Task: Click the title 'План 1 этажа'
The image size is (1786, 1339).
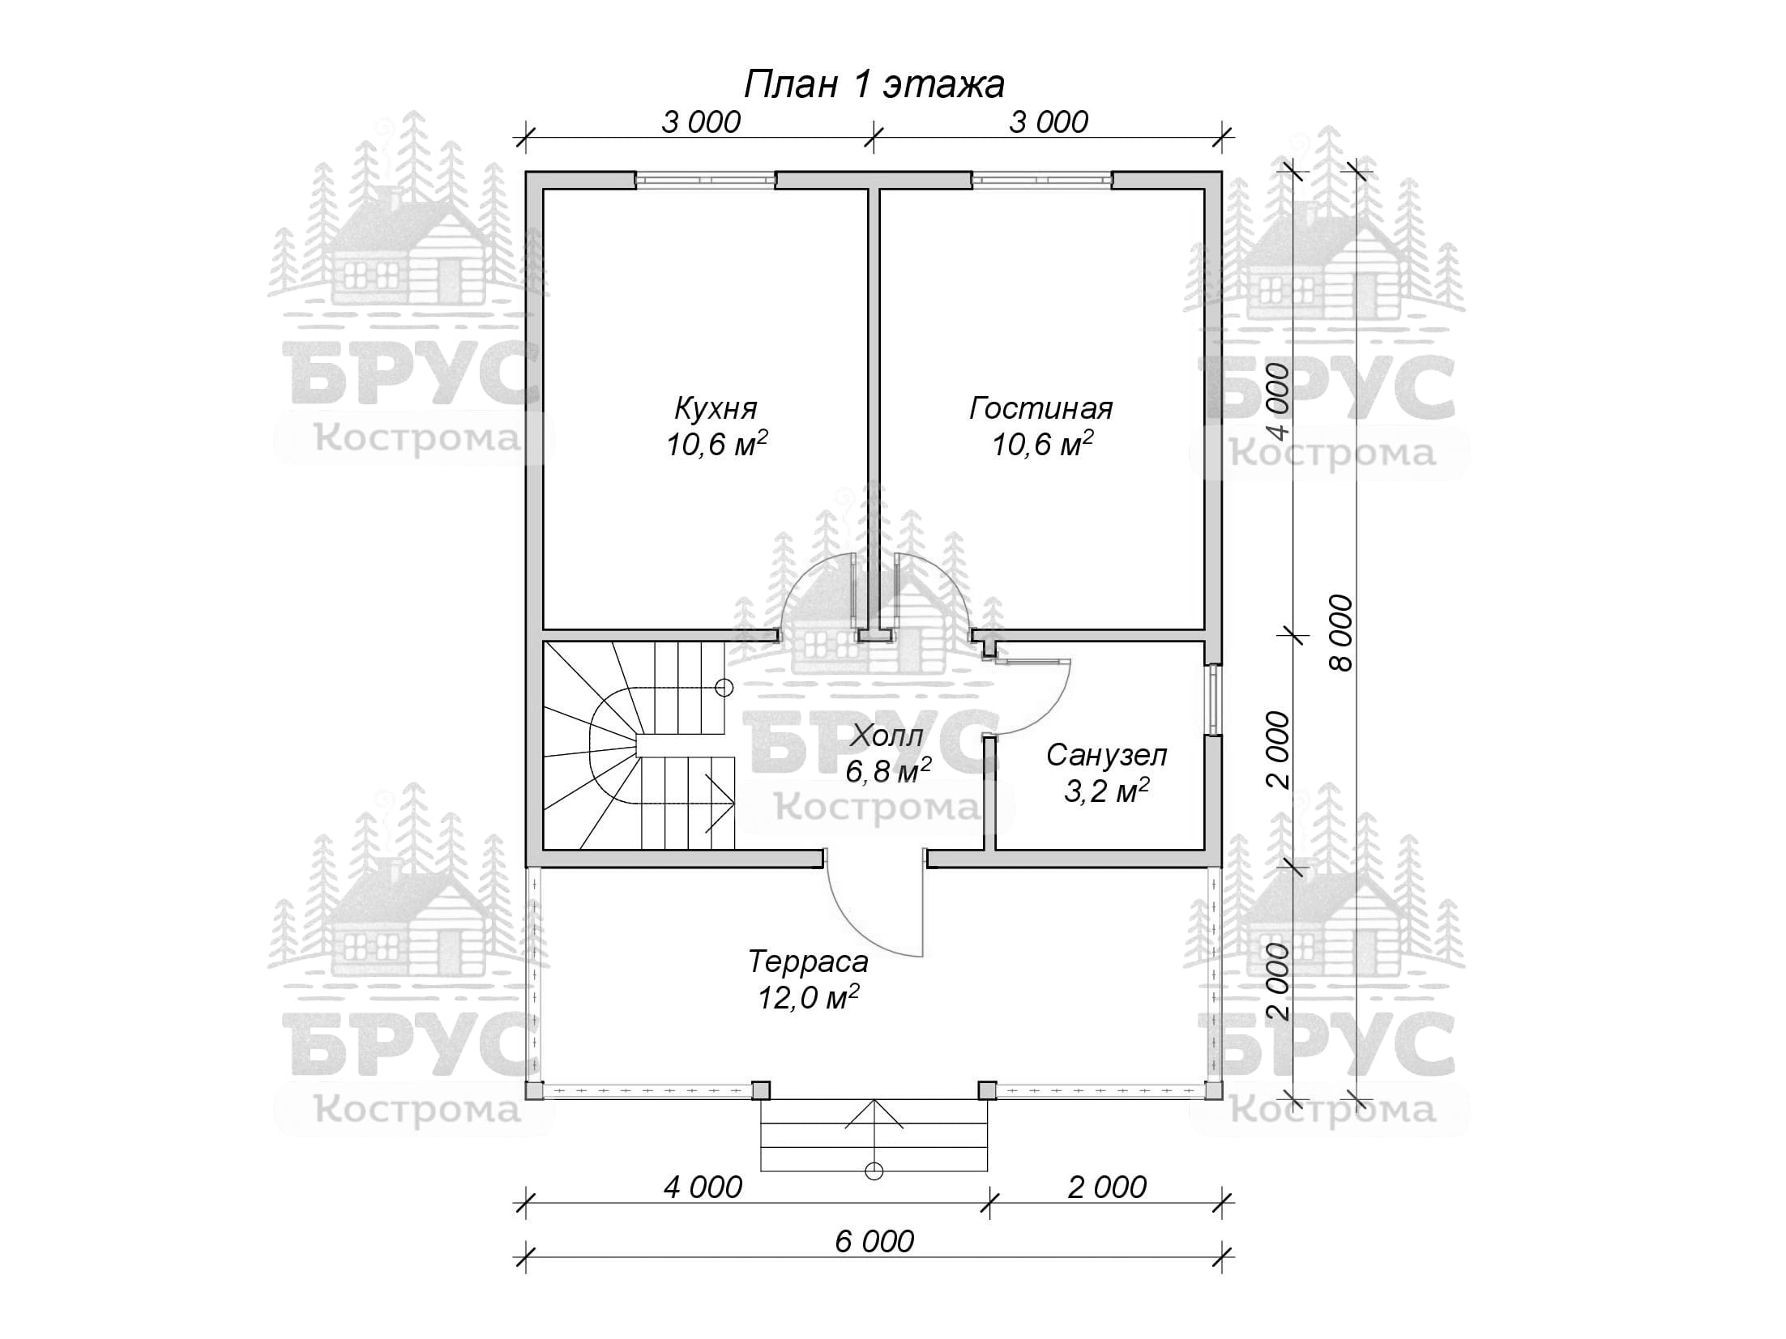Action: pyautogui.click(x=874, y=84)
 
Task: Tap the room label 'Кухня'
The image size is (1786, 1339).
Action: pyautogui.click(x=716, y=407)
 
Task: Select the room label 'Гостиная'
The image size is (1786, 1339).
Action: pyautogui.click(x=1040, y=407)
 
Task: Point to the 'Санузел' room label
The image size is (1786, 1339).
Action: pyautogui.click(x=1106, y=755)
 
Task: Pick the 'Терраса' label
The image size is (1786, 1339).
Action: pyautogui.click(x=808, y=962)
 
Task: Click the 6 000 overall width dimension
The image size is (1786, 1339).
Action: pyautogui.click(x=874, y=1240)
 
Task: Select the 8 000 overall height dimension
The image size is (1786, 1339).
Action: pyautogui.click(x=1341, y=633)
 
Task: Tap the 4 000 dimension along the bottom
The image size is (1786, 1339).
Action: pyautogui.click(x=703, y=1187)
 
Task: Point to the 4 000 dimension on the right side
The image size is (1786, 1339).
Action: pyautogui.click(x=1277, y=402)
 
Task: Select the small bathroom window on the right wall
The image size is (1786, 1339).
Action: pyautogui.click(x=1213, y=700)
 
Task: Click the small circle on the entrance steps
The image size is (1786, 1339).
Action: pyautogui.click(x=874, y=1170)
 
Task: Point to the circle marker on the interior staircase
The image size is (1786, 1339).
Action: pyautogui.click(x=724, y=687)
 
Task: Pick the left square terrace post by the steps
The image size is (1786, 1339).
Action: pyautogui.click(x=760, y=1090)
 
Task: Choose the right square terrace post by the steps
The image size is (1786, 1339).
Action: pyautogui.click(x=987, y=1090)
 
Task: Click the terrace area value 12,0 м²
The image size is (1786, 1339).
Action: pyautogui.click(x=808, y=997)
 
